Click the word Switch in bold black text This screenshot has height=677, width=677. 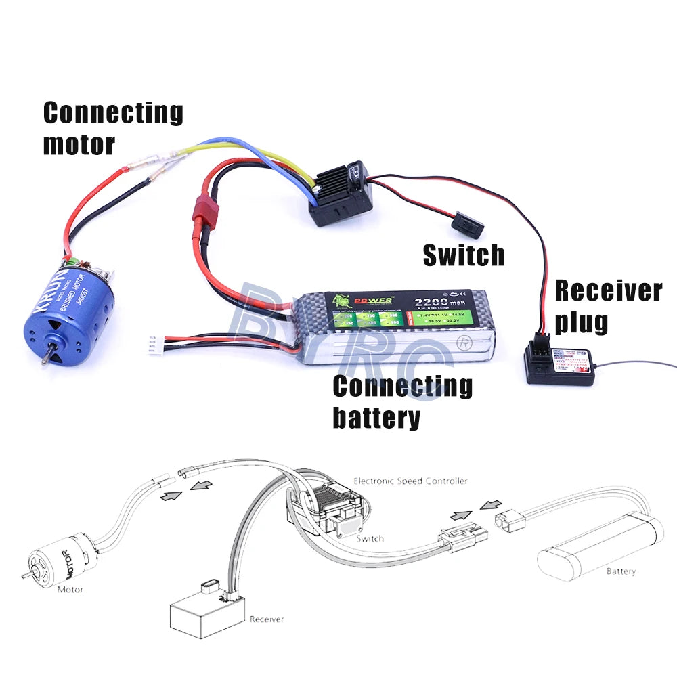(464, 255)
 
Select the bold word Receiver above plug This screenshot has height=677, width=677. (608, 291)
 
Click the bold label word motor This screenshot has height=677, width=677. (79, 144)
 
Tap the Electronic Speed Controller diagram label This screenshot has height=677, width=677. (410, 481)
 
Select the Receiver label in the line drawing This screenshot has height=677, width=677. (267, 619)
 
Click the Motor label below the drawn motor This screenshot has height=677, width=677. (70, 590)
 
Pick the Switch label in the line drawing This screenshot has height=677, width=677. (370, 538)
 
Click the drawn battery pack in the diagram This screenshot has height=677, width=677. (596, 542)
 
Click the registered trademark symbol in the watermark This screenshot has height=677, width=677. (464, 342)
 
